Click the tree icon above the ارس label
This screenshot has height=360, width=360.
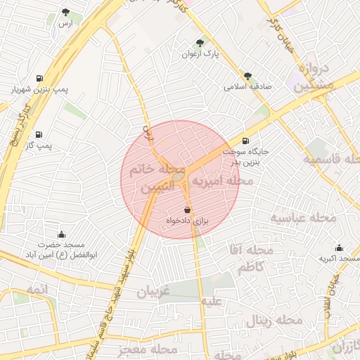click(65, 12)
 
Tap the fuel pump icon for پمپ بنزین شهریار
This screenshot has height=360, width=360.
click(38, 78)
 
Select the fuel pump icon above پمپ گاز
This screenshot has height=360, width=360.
click(38, 134)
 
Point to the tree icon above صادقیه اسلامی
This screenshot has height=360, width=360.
click(247, 76)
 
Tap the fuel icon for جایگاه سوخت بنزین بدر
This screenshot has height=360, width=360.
click(245, 141)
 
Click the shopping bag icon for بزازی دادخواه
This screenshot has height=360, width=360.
click(187, 210)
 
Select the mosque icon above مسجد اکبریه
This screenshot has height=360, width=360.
click(340, 247)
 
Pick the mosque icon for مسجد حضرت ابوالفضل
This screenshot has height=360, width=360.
click(61, 234)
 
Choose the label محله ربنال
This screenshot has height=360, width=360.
click(274, 321)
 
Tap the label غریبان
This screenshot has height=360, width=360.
click(154, 292)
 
